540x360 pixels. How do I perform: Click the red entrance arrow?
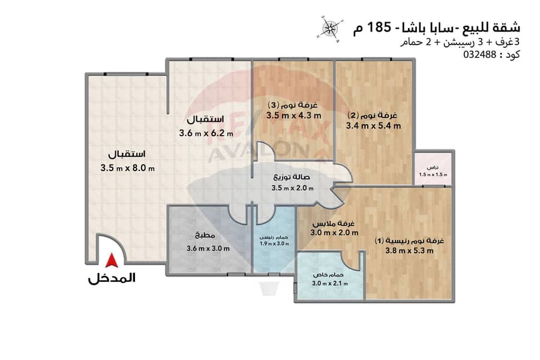112,260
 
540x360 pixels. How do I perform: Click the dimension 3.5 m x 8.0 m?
127,168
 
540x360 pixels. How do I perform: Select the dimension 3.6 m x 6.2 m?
206,133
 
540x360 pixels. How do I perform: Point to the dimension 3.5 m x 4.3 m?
293,116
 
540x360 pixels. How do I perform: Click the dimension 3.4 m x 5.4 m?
373,126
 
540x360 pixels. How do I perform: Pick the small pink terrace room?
433,169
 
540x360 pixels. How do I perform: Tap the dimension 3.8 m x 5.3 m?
409,251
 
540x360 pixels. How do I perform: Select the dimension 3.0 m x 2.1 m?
329,284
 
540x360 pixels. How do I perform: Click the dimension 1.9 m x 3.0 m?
274,244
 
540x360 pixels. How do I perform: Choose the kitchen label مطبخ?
205,236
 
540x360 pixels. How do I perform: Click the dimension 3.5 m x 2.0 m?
292,188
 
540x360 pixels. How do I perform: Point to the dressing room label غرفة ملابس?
334,223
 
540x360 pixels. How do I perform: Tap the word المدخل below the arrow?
112,278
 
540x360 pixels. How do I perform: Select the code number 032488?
480,55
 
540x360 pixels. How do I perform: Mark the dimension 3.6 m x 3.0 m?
208,248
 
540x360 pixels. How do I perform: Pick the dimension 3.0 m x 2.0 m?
334,233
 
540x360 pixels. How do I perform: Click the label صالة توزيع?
292,178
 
